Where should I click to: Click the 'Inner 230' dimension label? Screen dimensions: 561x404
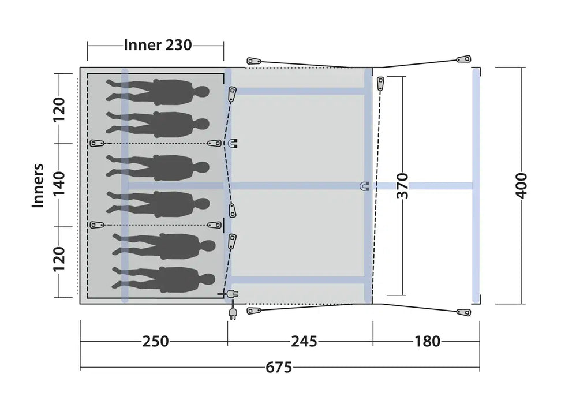click(x=158, y=45)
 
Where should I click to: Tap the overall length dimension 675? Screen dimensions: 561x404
click(x=279, y=368)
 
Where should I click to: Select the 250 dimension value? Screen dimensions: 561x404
click(x=155, y=341)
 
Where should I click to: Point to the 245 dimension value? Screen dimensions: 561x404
click(x=304, y=341)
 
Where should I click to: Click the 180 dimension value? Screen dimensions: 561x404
click(x=427, y=341)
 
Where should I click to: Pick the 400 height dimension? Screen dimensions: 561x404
click(x=522, y=185)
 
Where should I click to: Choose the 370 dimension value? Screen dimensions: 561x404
click(x=402, y=185)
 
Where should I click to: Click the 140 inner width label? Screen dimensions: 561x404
click(x=59, y=183)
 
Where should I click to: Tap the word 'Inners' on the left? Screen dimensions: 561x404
click(x=38, y=186)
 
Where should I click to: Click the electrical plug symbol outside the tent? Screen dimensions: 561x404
click(x=233, y=313)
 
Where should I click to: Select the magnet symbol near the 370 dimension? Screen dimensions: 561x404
click(x=365, y=186)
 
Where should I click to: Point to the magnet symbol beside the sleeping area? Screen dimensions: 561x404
click(x=233, y=143)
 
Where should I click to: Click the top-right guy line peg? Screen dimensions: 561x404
click(x=464, y=59)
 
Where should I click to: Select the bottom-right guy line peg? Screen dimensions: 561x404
click(x=464, y=312)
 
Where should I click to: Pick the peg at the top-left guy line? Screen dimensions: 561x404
click(x=254, y=61)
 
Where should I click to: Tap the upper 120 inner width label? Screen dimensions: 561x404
click(x=59, y=109)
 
